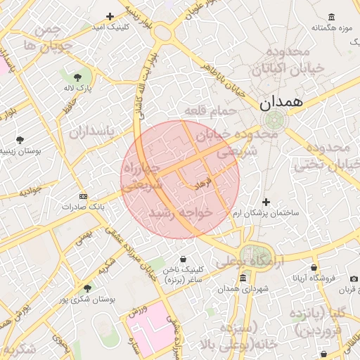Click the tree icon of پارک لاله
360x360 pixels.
[77, 76]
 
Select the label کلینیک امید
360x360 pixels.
[109, 26]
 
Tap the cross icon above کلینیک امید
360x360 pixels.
[109, 16]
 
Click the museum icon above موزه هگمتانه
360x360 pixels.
[331, 18]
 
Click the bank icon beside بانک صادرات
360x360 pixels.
[84, 195]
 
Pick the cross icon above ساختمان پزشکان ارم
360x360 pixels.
[265, 202]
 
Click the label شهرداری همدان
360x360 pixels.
[244, 289]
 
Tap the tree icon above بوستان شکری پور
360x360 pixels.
[87, 288]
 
